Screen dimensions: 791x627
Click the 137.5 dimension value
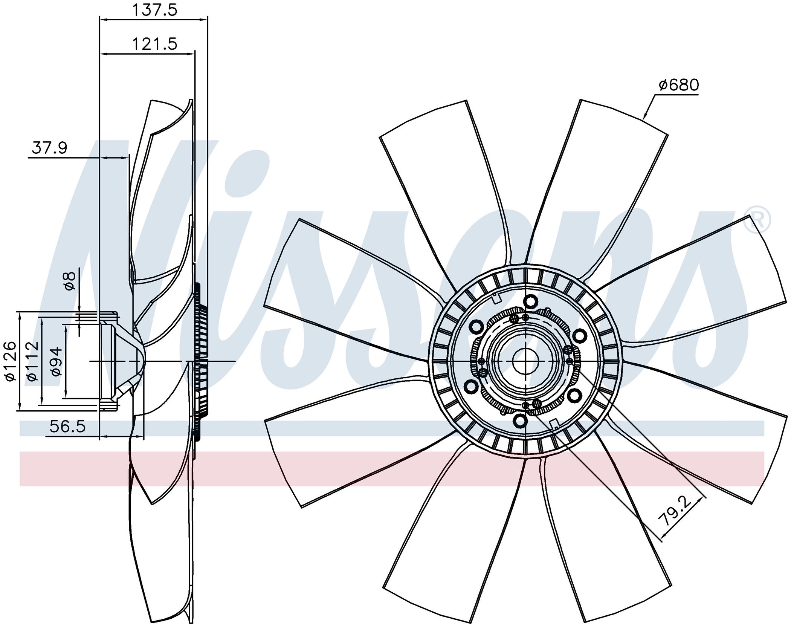(154, 10)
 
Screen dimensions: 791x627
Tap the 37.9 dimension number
(49, 148)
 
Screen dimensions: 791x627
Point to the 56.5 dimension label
(68, 427)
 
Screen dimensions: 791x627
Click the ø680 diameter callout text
(679, 85)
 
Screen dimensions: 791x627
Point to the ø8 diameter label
(70, 281)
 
